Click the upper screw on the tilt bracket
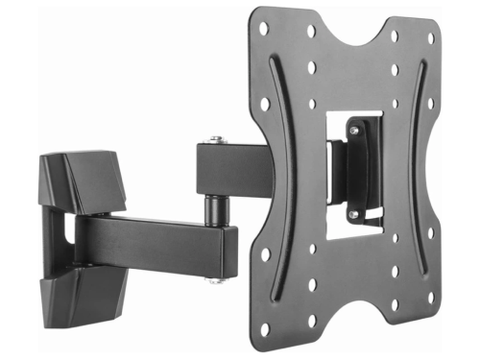point(353,127)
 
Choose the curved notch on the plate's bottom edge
point(350,312)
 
